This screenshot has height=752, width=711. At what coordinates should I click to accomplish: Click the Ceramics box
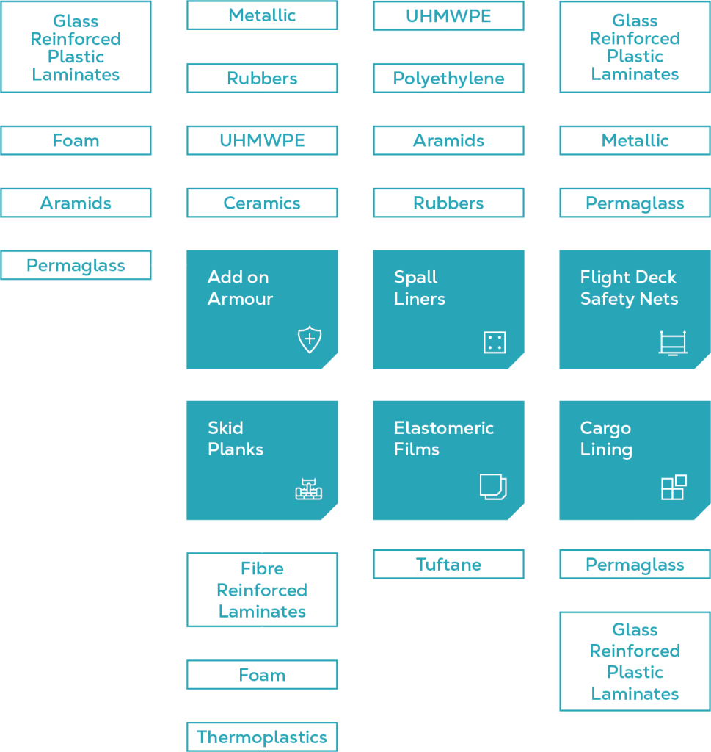(x=262, y=203)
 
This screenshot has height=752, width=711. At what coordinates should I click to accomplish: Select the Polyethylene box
(x=448, y=79)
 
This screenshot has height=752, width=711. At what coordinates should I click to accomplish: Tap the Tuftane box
(x=448, y=565)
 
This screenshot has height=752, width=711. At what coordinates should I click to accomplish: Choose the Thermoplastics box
(x=262, y=737)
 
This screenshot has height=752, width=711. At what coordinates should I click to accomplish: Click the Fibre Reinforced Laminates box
(x=262, y=590)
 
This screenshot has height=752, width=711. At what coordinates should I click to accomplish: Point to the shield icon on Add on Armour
(x=309, y=340)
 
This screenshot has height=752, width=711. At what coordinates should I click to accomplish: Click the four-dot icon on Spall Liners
(x=495, y=342)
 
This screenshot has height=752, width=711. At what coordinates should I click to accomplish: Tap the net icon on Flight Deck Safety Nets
(x=673, y=343)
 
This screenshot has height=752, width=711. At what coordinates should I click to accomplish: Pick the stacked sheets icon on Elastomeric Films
(x=493, y=487)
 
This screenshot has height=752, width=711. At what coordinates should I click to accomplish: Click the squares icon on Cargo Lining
(x=674, y=488)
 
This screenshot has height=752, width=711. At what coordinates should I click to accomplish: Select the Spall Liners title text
(x=419, y=288)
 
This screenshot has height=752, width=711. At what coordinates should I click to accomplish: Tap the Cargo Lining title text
(x=606, y=438)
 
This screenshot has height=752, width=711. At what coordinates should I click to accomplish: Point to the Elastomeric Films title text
(x=443, y=438)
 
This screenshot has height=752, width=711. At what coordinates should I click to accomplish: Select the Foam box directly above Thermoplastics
(x=262, y=675)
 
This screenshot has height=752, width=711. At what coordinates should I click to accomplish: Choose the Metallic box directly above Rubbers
(x=262, y=15)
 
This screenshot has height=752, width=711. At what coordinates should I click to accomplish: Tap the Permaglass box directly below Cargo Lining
(x=635, y=565)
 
